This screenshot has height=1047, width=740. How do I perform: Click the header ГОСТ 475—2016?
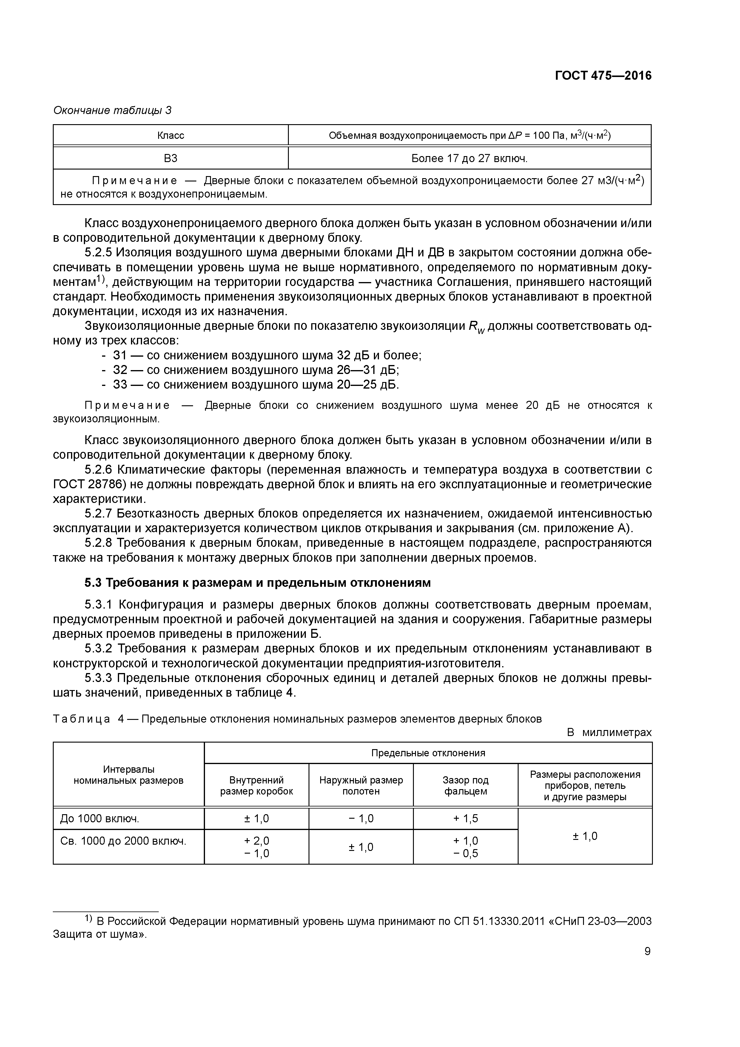[603, 76]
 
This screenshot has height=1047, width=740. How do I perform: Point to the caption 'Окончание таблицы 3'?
[112, 110]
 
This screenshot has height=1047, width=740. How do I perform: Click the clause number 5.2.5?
[98, 252]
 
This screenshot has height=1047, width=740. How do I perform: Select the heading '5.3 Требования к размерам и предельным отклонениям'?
[257, 583]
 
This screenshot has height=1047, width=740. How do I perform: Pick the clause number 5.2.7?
[98, 513]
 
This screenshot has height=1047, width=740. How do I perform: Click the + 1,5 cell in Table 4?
[465, 819]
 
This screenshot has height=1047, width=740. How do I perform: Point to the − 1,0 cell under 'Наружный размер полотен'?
[361, 819]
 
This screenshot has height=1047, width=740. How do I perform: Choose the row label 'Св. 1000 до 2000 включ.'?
[123, 840]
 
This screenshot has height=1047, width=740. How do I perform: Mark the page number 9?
[647, 951]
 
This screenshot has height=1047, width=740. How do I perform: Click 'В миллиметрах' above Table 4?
[609, 732]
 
